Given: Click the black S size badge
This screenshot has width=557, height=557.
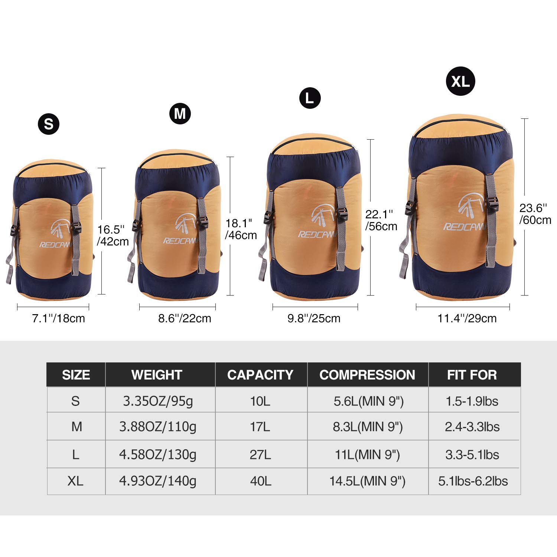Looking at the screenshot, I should pos(49,124).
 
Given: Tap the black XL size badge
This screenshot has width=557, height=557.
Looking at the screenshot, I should pos(460,81).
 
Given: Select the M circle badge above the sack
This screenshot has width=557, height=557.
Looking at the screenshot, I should pos(180,113).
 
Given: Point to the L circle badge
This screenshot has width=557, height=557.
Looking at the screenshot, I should pos(310,98).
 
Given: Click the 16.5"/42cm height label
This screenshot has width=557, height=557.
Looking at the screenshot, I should pos(113,235).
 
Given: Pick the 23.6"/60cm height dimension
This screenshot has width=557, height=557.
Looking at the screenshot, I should pos(535,214).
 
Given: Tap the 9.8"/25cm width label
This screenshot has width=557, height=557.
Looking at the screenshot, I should pos(314,318).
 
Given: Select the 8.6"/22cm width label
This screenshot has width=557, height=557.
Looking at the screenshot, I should pos(185,318).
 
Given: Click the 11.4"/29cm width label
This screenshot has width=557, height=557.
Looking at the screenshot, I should pos(467,318).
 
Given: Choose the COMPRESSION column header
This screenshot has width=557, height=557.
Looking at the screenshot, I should pos(367,375).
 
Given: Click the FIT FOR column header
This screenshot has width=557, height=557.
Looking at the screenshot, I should pos(472,375).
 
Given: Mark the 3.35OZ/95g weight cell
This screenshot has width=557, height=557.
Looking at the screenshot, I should pos(158,401).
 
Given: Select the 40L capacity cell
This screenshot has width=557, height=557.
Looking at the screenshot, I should pos(261,481).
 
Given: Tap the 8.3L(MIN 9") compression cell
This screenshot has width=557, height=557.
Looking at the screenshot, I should pos(368,427).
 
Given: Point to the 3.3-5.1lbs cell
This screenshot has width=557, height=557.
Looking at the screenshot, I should pos(472,455).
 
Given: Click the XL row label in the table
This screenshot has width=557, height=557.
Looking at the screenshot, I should pos(75,481).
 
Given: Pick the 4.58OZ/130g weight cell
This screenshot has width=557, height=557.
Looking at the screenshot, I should pos(158,455).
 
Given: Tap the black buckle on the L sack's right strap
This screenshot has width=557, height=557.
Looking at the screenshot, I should pos(342,215).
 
